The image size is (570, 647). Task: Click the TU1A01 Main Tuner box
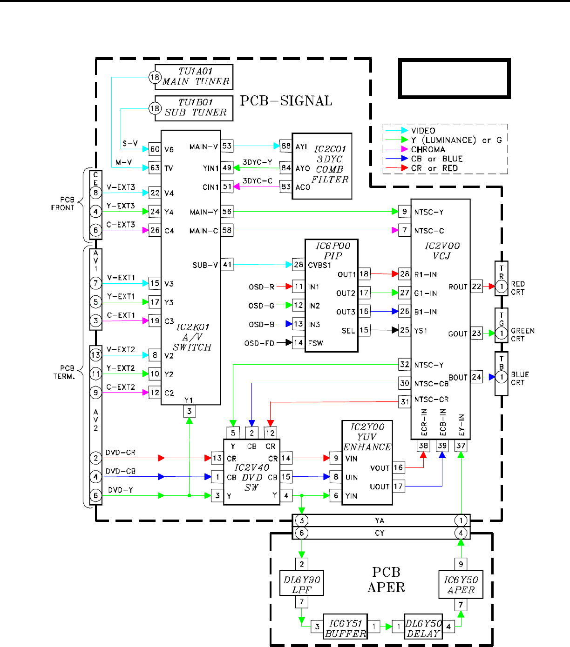point(194,77)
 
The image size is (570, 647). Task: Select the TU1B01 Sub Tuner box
point(194,108)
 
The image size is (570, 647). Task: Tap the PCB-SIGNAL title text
point(286,101)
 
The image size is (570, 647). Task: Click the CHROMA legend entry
point(428,149)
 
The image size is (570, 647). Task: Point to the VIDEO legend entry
point(423,131)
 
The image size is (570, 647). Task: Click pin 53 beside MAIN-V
point(227,146)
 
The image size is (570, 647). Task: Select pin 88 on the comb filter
point(286,146)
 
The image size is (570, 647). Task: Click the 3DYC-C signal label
point(258,181)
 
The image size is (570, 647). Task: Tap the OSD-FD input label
point(259,343)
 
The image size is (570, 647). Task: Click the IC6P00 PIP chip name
point(333,251)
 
